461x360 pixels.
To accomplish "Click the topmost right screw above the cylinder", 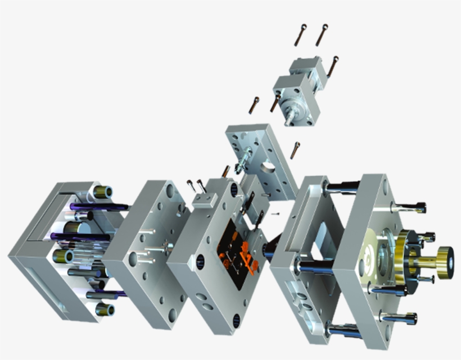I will pos(322,34).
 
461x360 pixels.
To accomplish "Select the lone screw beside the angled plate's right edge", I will pos(295,150).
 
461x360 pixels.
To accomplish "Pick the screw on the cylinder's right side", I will pos(334,65).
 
